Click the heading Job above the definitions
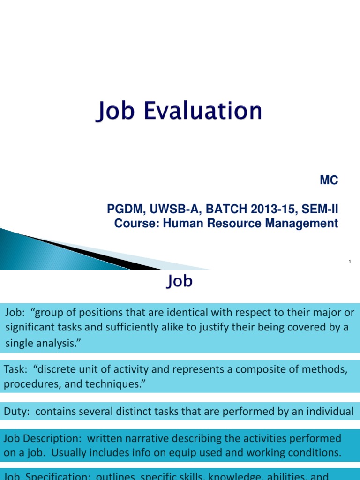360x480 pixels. pos(180,282)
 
